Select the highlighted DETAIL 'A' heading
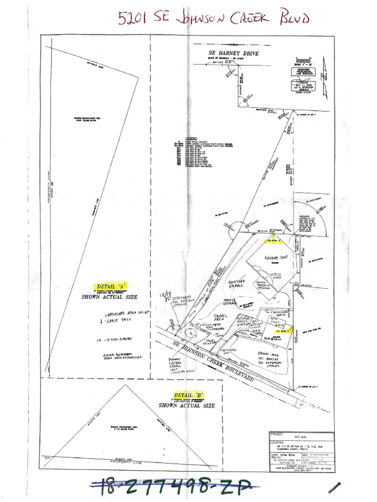click(x=106, y=286)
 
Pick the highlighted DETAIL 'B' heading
click(x=188, y=395)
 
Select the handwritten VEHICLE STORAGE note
click(x=230, y=301)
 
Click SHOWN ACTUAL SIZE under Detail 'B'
click(x=187, y=405)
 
